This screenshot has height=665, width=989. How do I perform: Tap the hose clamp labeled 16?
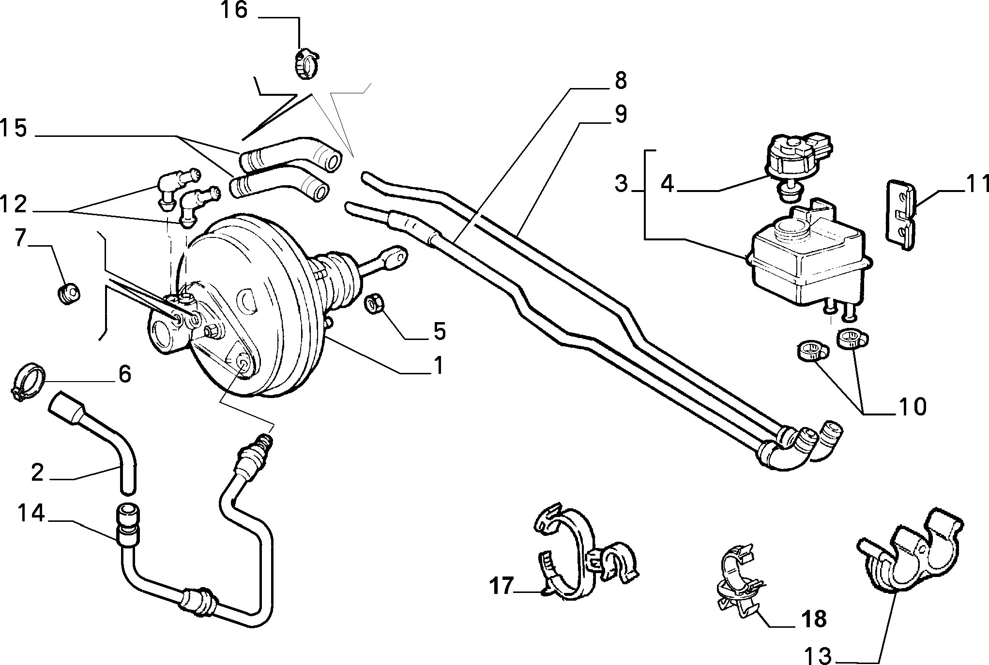tap(306, 64)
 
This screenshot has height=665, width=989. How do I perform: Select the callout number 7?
tap(20, 237)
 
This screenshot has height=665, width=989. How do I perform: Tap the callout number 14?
tap(31, 513)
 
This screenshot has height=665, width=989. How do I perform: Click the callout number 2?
tap(38, 472)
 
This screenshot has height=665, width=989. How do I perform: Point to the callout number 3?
tap(622, 184)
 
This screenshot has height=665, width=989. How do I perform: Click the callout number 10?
tap(912, 407)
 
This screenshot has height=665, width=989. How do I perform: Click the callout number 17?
tap(501, 586)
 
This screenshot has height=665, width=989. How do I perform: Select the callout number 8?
tap(621, 81)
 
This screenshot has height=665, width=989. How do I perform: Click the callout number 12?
tap(13, 205)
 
